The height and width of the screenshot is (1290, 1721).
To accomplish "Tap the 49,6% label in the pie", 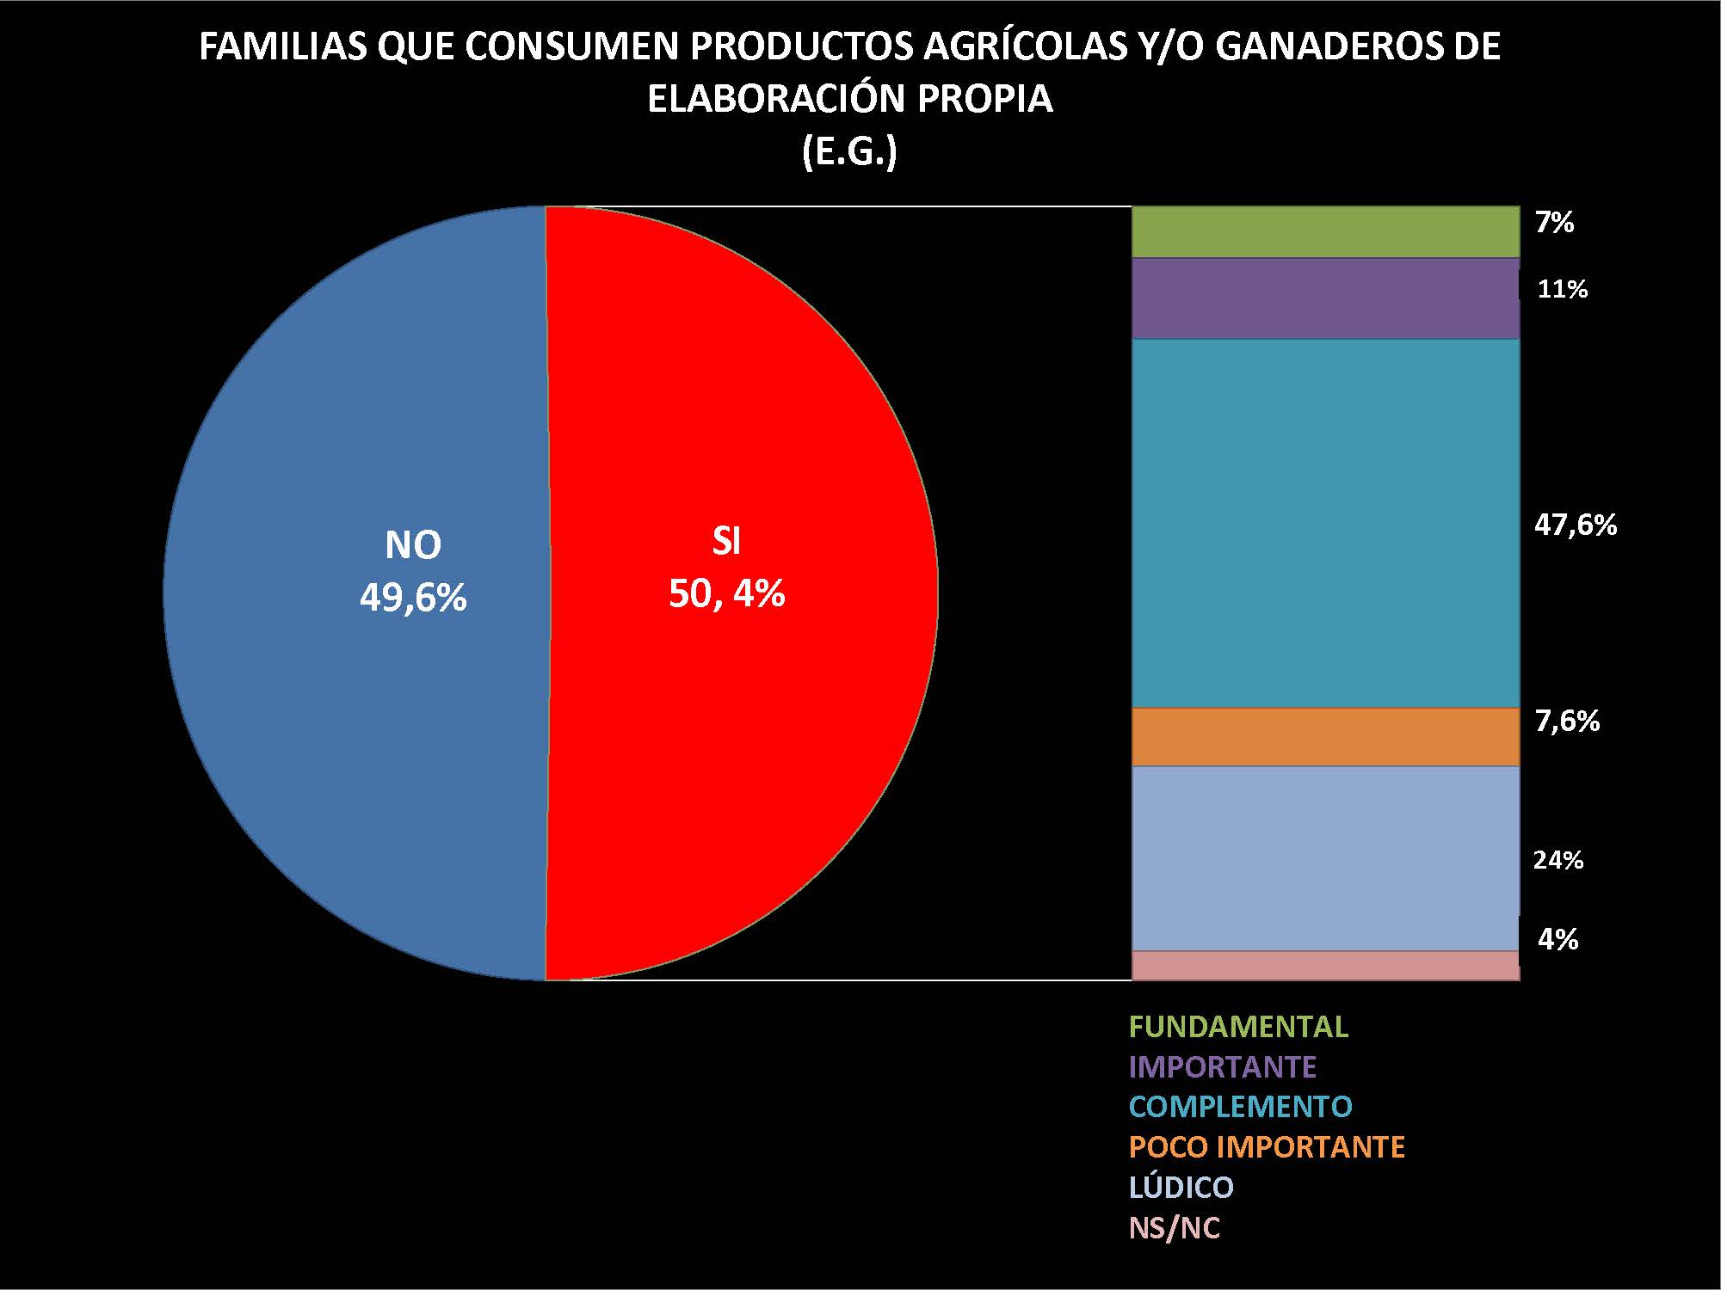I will tap(413, 597).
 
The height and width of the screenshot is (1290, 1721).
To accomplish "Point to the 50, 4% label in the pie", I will tap(727, 593).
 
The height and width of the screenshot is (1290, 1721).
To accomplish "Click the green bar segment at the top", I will tap(1325, 232).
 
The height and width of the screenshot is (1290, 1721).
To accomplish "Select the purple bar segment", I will tap(1325, 298).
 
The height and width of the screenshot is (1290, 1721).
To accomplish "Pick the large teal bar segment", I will tap(1325, 523).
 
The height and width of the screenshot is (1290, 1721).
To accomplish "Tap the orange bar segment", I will tap(1325, 737).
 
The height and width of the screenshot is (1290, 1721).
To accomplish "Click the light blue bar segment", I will tap(1325, 858).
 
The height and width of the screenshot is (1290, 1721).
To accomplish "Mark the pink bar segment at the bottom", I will tap(1325, 966).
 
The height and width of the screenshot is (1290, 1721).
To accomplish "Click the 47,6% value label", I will tap(1576, 525).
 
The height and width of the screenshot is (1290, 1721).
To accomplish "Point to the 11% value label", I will tap(1562, 289).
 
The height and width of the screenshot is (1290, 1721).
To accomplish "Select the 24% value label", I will tap(1558, 860).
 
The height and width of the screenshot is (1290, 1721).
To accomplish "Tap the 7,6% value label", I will tap(1567, 721).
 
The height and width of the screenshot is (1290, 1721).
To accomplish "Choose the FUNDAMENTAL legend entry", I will tap(1238, 1027).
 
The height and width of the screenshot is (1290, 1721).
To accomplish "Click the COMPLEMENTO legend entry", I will tap(1240, 1106).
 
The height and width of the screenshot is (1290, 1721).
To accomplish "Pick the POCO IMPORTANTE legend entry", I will tap(1267, 1146).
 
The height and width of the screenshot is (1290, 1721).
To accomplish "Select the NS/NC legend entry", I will tap(1175, 1227).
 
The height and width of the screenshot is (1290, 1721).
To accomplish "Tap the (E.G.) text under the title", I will tap(849, 152).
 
